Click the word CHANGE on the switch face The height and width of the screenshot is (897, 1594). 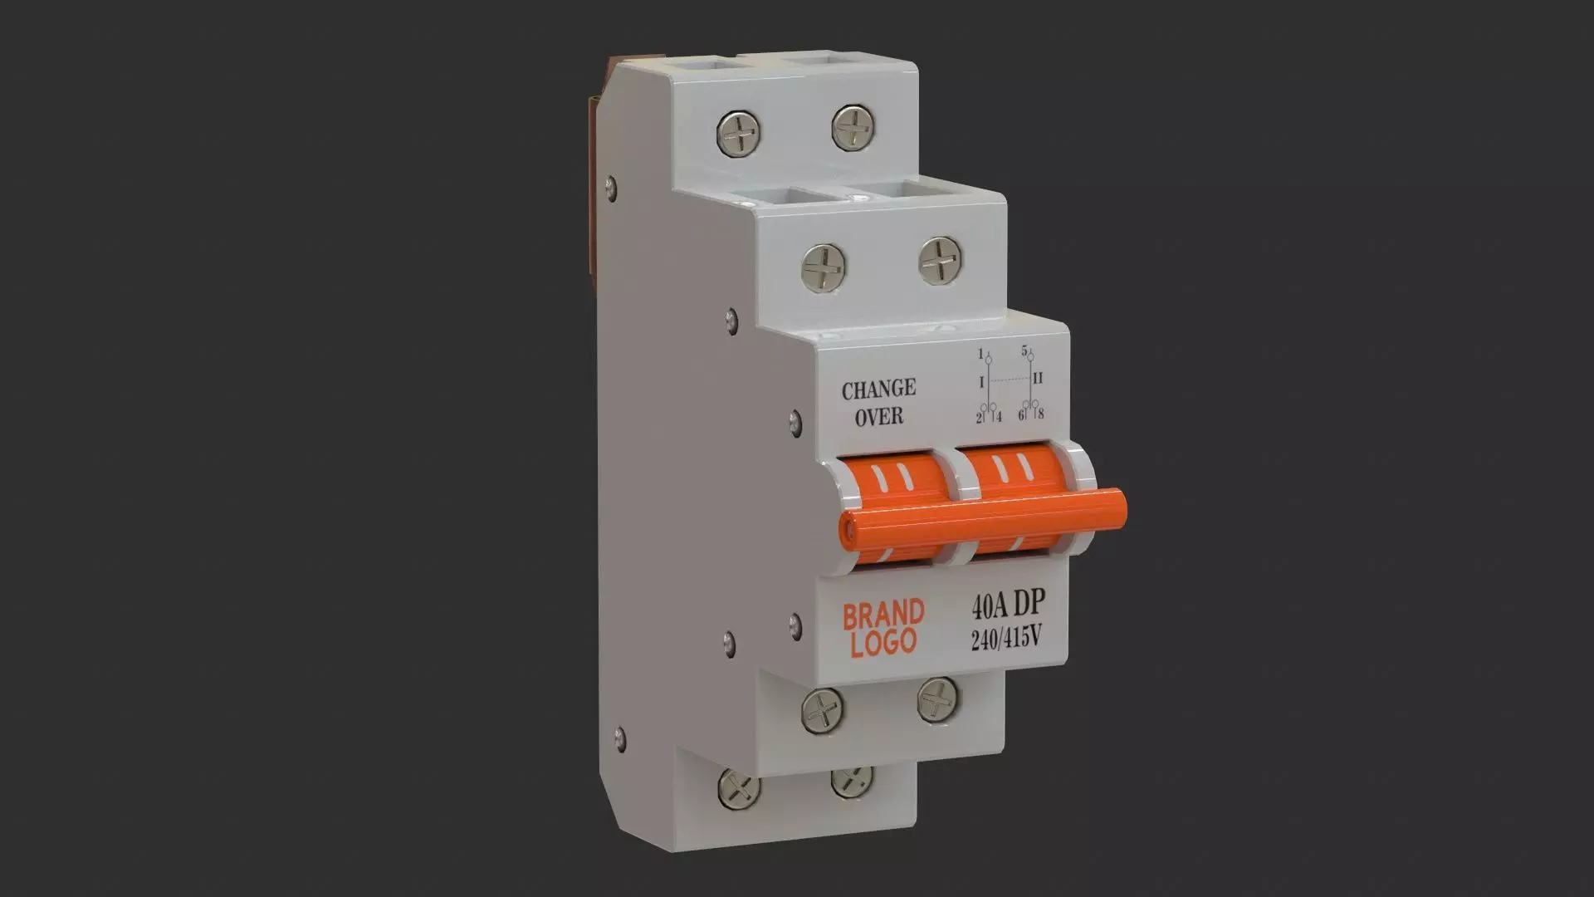tap(878, 389)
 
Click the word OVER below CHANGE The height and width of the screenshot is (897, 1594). tap(878, 415)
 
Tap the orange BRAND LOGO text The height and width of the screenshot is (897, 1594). tap(883, 628)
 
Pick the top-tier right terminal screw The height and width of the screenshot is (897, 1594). tap(854, 127)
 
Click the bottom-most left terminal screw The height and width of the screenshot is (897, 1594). tap(738, 789)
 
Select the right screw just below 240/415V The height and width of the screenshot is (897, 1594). tap(938, 698)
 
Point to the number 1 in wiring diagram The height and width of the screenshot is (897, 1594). tap(980, 354)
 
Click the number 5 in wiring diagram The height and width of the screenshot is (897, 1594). tap(1024, 350)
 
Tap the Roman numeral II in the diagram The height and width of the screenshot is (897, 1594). tap(1038, 379)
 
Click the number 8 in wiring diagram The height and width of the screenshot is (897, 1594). tap(1040, 414)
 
